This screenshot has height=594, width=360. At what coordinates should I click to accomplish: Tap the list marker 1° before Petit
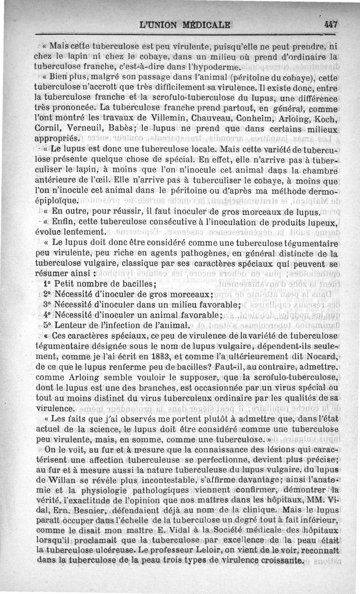[48, 284]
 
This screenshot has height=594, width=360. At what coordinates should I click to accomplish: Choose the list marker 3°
[48, 304]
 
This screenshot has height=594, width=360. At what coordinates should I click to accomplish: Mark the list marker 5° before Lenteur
[48, 325]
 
